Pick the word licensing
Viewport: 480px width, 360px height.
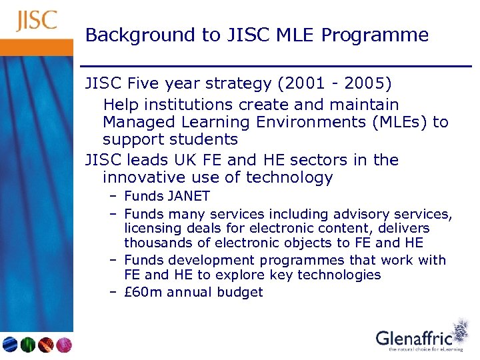(153, 229)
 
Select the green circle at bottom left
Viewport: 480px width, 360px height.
(28, 344)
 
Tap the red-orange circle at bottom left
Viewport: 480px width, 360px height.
(46, 344)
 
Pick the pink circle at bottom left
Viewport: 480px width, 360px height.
(63, 344)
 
